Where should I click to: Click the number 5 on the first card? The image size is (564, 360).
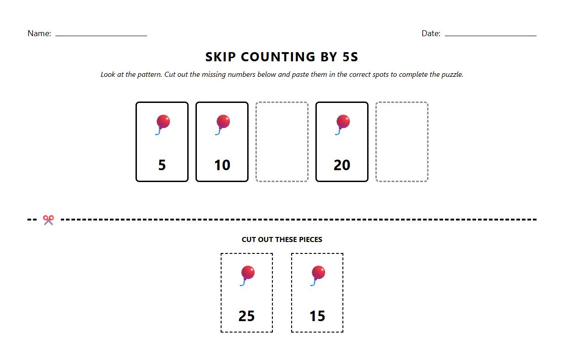[162, 165]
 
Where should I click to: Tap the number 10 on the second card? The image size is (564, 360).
[222, 165]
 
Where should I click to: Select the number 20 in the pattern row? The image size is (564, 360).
[342, 165]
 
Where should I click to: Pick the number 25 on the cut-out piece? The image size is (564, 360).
[246, 316]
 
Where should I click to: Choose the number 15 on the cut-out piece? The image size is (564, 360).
[317, 316]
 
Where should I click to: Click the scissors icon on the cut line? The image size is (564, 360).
[49, 220]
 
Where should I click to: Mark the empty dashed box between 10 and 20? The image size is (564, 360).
[282, 142]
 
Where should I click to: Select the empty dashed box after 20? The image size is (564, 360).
[402, 142]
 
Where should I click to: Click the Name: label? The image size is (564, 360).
[39, 33]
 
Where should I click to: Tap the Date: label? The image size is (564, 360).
[431, 33]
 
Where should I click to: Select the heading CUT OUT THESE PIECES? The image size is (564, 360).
[282, 239]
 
